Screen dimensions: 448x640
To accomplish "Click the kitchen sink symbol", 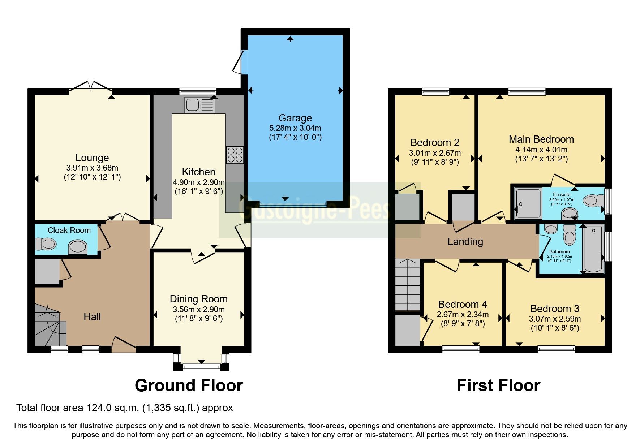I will point(199,105).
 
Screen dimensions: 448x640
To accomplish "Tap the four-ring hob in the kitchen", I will point(235,155).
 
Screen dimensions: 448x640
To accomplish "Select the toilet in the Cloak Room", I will point(46,244).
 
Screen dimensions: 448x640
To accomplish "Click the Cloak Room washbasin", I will point(78,247).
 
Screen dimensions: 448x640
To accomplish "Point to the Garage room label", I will point(295,118).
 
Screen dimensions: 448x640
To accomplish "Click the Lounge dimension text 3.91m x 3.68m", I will point(92,168).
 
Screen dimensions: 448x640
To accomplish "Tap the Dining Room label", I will point(198,299).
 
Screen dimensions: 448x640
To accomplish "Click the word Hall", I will point(92,317).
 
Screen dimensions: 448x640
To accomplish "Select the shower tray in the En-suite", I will point(528,203).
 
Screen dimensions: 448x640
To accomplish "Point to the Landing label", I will point(465,241).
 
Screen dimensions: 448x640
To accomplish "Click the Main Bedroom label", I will point(541,139).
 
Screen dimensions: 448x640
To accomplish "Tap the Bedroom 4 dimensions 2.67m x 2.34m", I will point(463,315).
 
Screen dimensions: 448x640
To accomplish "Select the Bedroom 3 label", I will point(554,309).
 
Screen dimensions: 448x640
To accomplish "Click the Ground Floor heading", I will point(189,385).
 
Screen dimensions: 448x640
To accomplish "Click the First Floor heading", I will point(498,385).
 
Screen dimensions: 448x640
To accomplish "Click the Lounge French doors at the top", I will point(90,87).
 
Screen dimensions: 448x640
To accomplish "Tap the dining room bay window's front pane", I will point(201,367).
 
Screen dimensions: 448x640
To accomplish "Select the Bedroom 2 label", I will point(434,143).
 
